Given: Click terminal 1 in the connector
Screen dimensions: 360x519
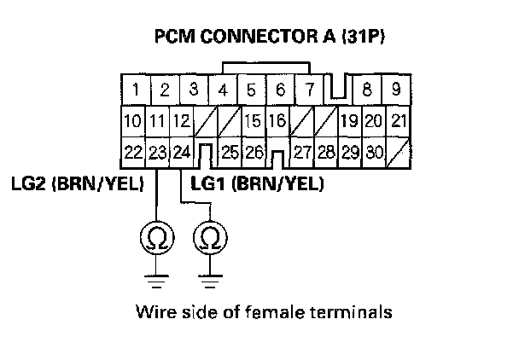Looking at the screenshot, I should [x=136, y=89].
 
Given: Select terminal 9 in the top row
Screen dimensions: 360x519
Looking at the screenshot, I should [x=396, y=89].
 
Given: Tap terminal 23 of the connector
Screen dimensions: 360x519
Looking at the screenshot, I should [x=156, y=154].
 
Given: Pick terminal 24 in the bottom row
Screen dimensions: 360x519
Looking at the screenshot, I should [x=181, y=154].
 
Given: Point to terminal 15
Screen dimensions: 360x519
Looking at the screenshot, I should [x=251, y=121].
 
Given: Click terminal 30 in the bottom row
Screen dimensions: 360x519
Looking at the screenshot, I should [x=372, y=154].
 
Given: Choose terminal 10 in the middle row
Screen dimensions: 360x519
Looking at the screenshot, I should [x=132, y=121].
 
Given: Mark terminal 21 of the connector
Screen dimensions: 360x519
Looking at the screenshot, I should [x=398, y=121].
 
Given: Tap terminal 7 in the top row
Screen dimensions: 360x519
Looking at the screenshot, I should [x=310, y=89].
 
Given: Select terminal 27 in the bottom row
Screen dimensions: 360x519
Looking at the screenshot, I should [x=301, y=154].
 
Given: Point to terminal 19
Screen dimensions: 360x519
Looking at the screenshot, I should [x=347, y=121].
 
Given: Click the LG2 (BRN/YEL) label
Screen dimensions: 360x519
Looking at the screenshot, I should [x=78, y=183].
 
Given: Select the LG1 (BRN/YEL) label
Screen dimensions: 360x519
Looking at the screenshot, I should [x=257, y=183].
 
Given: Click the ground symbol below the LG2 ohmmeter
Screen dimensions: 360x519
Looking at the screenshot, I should [x=156, y=276].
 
